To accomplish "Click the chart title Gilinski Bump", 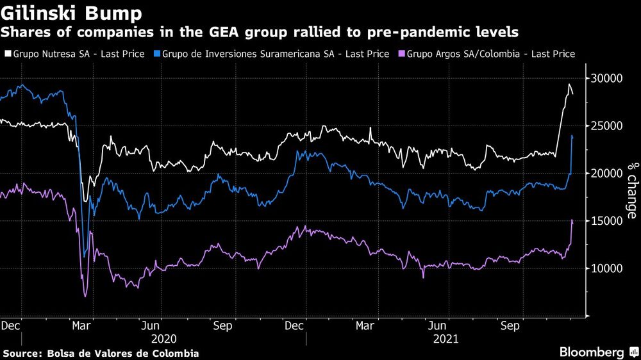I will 73,13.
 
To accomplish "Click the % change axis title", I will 632,190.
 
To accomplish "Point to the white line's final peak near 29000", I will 569,85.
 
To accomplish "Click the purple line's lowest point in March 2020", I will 85,297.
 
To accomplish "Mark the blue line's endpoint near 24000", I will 572,136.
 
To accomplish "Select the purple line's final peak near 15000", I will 572,220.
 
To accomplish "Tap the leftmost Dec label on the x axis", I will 12,325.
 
